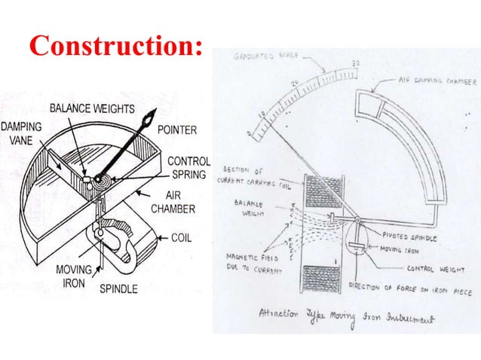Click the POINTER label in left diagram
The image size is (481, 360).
pos(177,130)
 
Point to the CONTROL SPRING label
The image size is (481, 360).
pos(188,168)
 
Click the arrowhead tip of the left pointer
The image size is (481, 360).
pos(155,112)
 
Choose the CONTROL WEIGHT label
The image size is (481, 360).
pos(432,267)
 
